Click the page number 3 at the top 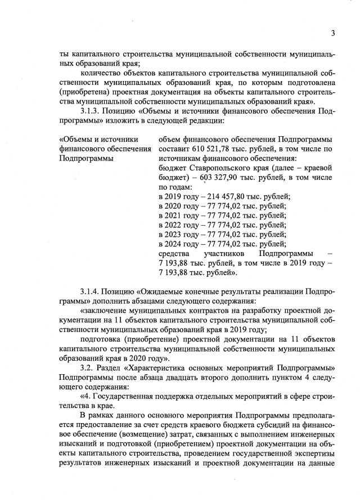click(332, 33)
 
